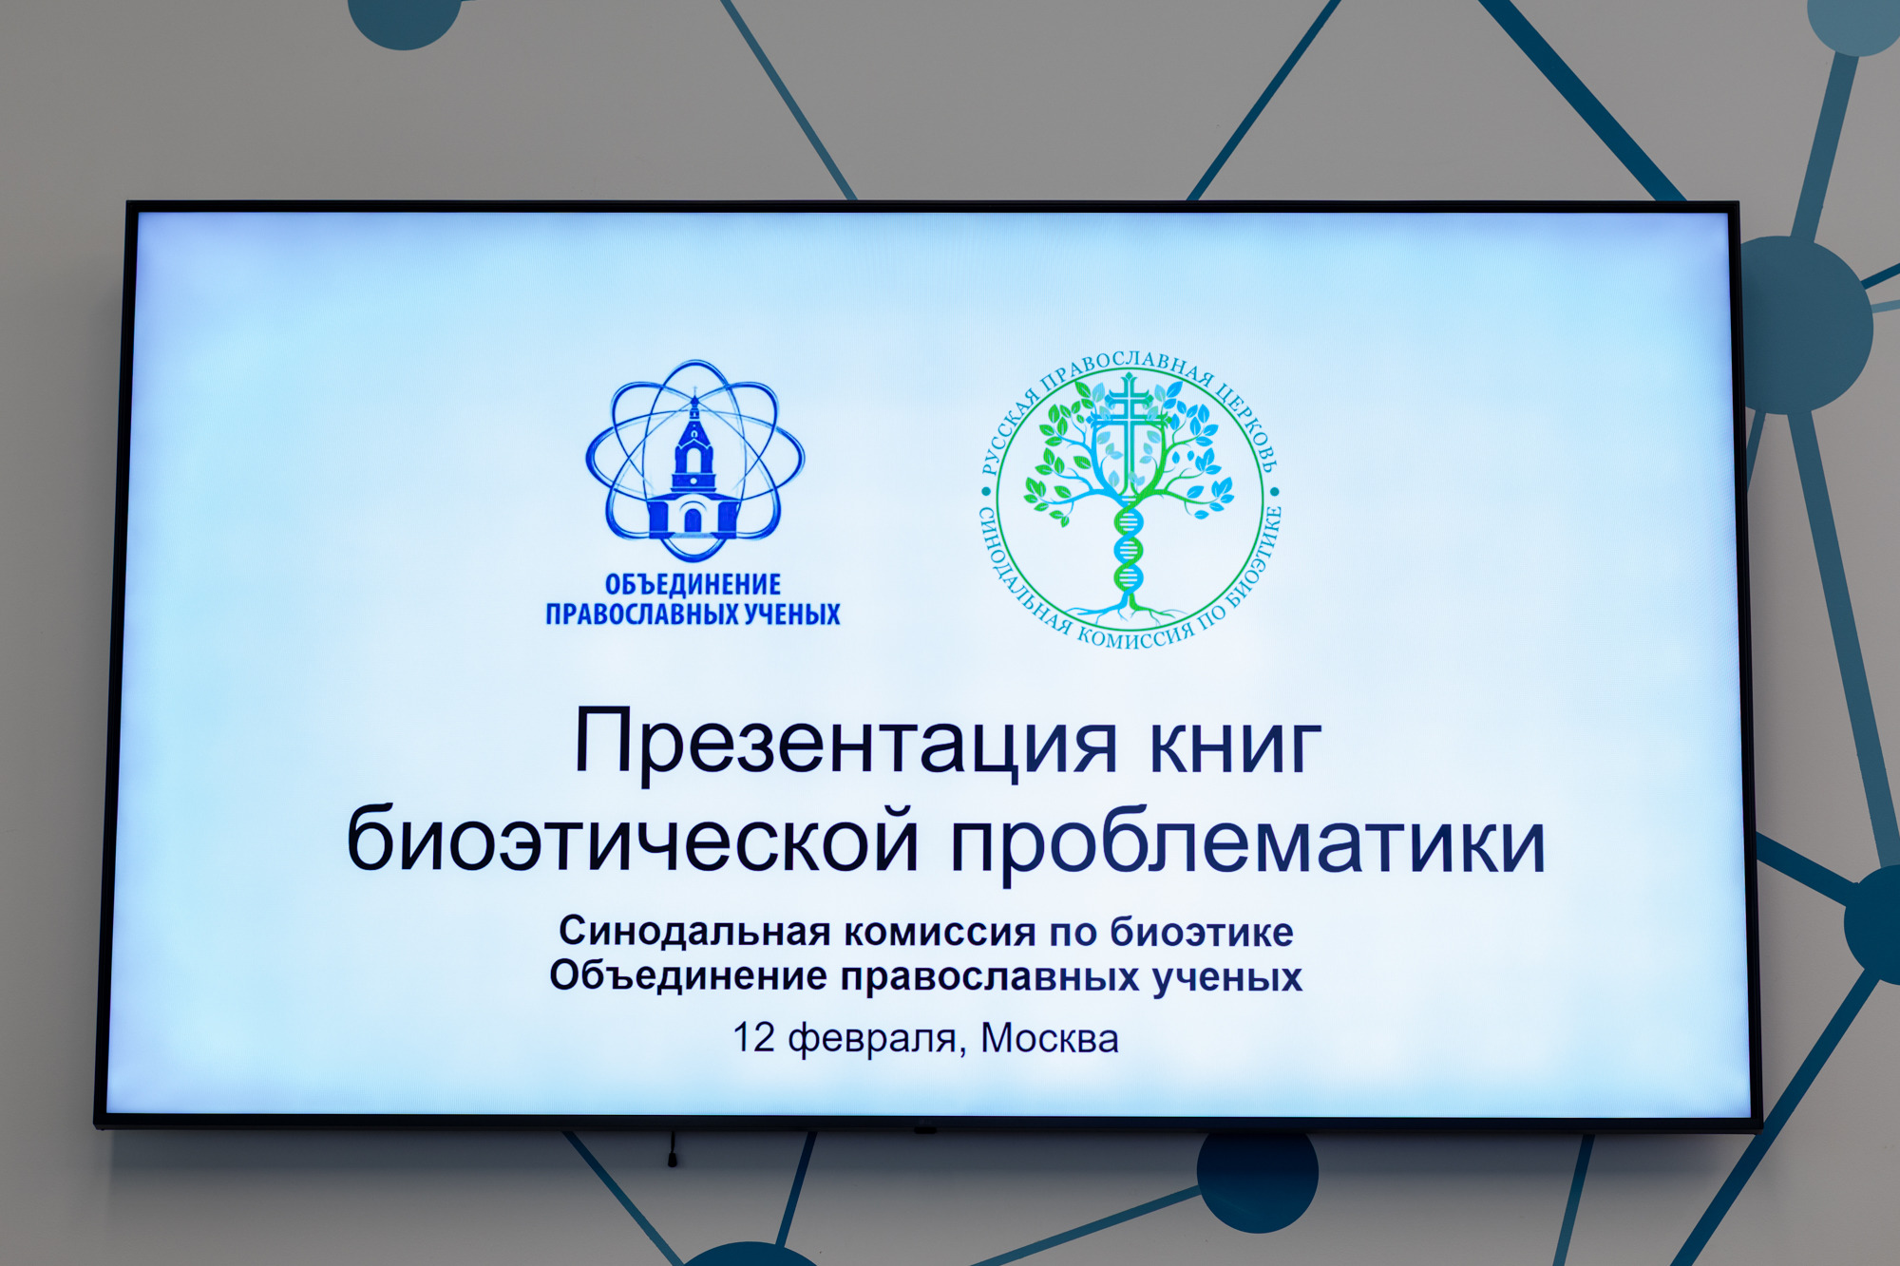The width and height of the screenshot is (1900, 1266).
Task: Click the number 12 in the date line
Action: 753,1038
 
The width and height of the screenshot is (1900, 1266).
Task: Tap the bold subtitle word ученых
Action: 1227,977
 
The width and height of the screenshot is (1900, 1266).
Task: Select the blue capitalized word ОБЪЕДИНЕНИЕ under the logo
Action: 693,584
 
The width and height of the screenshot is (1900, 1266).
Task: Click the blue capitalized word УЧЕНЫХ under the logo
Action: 791,614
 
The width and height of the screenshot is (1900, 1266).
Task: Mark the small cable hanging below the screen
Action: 673,1149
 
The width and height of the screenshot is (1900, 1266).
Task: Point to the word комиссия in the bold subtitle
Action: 940,933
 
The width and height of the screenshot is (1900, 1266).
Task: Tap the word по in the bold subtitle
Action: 1073,934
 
